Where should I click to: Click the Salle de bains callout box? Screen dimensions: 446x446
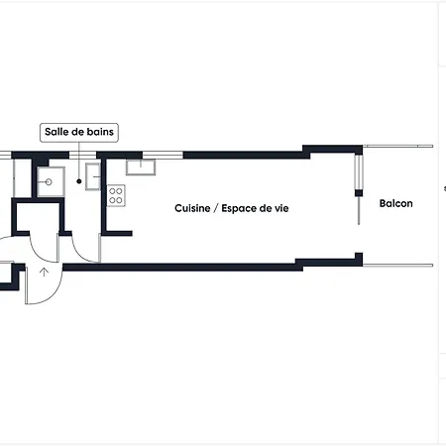click(x=79, y=133)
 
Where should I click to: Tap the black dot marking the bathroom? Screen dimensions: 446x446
click(x=79, y=181)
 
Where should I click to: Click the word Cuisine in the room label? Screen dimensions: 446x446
click(x=192, y=208)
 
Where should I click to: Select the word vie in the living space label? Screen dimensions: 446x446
click(x=281, y=208)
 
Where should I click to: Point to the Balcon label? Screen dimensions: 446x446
click(x=395, y=203)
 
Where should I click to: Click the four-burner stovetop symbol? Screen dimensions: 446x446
click(x=116, y=195)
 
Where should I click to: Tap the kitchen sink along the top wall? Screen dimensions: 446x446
click(x=141, y=167)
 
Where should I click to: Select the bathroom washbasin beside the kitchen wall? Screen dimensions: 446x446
click(x=93, y=176)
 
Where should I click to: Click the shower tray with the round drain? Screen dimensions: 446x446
click(x=51, y=181)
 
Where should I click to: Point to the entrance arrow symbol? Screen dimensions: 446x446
click(x=44, y=273)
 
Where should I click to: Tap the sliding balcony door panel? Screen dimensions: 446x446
click(x=359, y=172)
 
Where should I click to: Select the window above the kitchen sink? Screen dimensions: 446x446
click(x=163, y=155)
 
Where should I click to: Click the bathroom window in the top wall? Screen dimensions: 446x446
click(x=82, y=155)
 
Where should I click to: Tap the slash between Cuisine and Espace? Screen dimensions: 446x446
click(x=216, y=208)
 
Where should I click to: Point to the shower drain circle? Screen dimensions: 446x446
click(x=49, y=182)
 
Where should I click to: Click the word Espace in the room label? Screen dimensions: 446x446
click(x=239, y=209)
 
